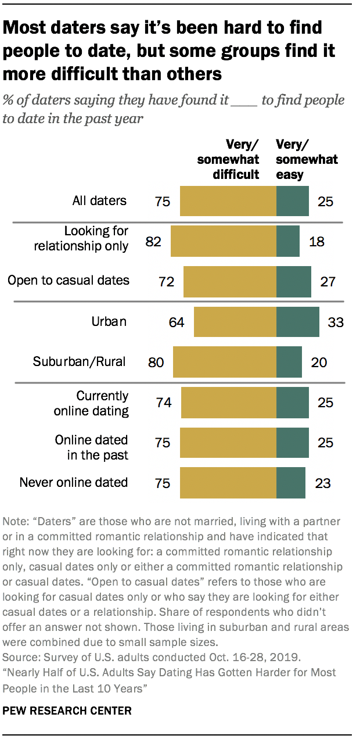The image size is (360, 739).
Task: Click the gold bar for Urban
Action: tap(235, 322)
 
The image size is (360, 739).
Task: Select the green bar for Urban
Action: tap(298, 322)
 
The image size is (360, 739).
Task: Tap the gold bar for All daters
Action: tap(228, 201)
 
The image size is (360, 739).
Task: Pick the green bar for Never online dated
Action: tap(291, 482)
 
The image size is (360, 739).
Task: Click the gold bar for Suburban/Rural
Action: tap(225, 362)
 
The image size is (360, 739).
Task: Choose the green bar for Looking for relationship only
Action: tap(288, 241)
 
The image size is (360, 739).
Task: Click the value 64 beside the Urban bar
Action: tap(177, 322)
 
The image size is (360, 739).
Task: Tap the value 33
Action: tap(336, 322)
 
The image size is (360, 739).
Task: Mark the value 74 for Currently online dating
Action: tap(163, 403)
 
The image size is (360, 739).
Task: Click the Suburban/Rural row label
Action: tap(80, 361)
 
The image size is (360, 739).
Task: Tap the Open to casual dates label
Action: tap(68, 281)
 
